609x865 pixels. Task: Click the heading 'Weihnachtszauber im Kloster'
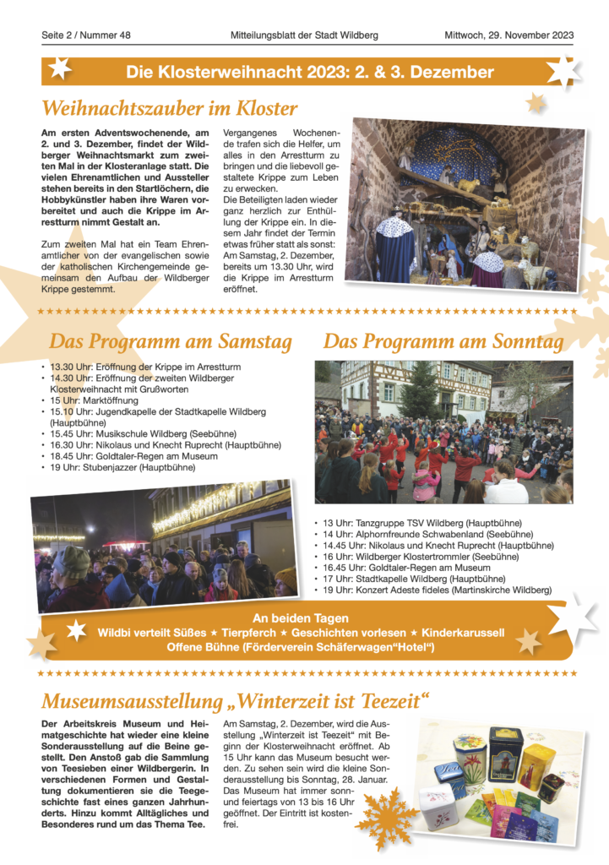(169, 108)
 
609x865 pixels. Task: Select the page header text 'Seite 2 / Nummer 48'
(85, 35)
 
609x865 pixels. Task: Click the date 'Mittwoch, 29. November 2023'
(509, 35)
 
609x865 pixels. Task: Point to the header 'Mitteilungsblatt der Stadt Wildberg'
(304, 35)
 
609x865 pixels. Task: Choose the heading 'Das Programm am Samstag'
(171, 342)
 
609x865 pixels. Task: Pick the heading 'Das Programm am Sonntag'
(443, 342)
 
